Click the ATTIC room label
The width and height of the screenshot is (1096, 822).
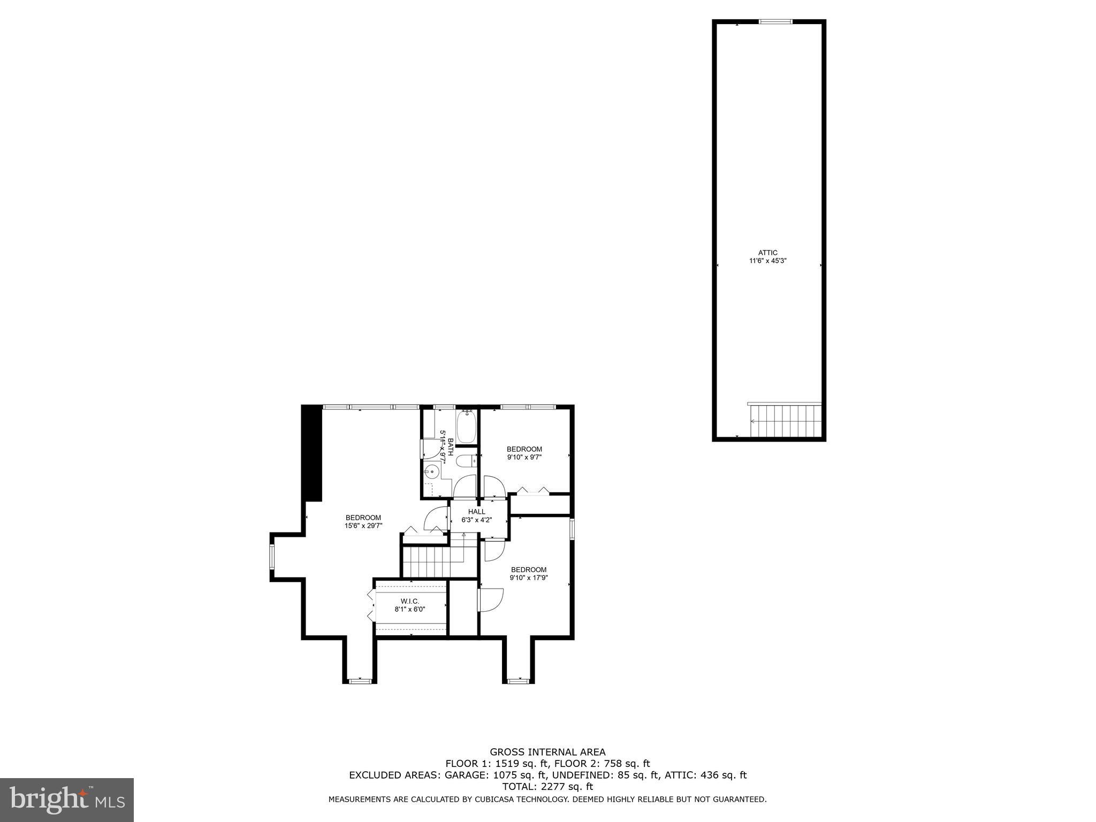click(x=767, y=253)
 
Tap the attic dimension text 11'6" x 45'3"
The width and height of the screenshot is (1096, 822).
click(x=767, y=261)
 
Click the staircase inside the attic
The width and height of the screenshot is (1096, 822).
click(x=785, y=421)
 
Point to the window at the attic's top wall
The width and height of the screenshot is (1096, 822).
click(x=775, y=21)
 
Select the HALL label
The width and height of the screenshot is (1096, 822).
click(x=476, y=512)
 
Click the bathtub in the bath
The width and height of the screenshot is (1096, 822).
click(x=466, y=427)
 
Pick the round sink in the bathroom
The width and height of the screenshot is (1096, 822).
click(x=431, y=472)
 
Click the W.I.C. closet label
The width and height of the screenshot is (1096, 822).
click(x=410, y=602)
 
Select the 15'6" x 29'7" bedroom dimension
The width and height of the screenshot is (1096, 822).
click(x=363, y=526)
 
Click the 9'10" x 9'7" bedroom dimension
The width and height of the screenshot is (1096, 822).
click(x=524, y=457)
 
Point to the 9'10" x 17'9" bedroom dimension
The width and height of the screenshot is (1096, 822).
click(x=529, y=577)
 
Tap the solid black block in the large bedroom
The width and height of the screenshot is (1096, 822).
click(x=312, y=453)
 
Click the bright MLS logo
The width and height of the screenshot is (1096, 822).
click(x=67, y=800)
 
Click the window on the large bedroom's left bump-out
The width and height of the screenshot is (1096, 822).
click(x=272, y=556)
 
